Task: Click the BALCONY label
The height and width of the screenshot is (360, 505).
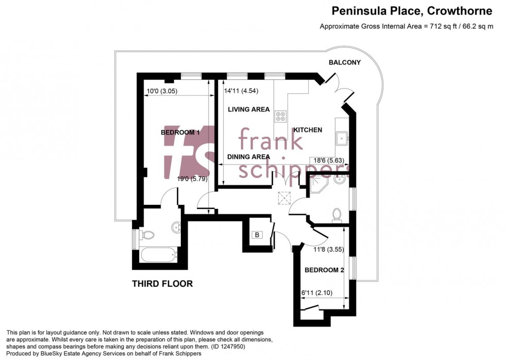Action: coord(345,62)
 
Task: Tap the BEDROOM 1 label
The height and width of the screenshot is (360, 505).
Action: coord(180,133)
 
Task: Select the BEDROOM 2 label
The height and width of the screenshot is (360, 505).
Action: coord(324,270)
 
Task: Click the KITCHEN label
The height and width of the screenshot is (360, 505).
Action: coord(308,130)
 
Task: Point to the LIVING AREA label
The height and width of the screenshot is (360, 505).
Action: coord(248,109)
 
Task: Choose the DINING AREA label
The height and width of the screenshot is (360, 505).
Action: coord(248,157)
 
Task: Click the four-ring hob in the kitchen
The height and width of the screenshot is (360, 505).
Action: coord(280,117)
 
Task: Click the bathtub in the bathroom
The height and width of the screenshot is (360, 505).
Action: coord(159,255)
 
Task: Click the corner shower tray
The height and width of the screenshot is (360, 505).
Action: coord(318,184)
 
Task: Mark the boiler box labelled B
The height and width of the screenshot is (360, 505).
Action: coord(257,235)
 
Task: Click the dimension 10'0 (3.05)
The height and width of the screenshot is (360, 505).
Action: coord(162,91)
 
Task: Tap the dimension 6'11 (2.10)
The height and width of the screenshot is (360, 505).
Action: coord(316,293)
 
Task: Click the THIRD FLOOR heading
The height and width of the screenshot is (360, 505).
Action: coord(162,284)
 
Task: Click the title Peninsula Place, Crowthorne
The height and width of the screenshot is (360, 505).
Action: coord(412,11)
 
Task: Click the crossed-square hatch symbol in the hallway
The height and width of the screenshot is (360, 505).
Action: coord(284,198)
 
